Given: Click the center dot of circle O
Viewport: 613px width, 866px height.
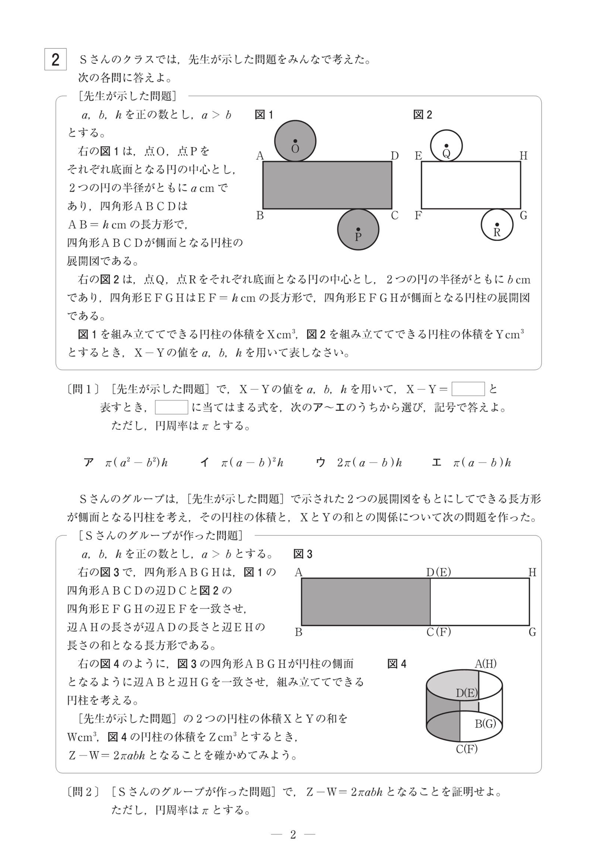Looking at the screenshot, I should pyautogui.click(x=295, y=141).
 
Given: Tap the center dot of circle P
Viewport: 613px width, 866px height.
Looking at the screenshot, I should pyautogui.click(x=358, y=229).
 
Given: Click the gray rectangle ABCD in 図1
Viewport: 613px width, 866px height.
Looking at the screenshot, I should pyautogui.click(x=327, y=185).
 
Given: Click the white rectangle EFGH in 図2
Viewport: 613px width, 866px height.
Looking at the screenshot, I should pyautogui.click(x=471, y=185).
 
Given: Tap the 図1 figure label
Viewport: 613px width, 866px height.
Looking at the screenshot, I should pyautogui.click(x=264, y=115).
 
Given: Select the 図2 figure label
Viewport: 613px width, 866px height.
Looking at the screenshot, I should pyautogui.click(x=423, y=115).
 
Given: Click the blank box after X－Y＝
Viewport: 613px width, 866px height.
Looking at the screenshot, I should pyautogui.click(x=468, y=389).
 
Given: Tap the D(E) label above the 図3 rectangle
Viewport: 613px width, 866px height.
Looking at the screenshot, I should pyautogui.click(x=439, y=572).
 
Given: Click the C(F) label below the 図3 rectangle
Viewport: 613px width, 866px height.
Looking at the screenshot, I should pyautogui.click(x=439, y=632).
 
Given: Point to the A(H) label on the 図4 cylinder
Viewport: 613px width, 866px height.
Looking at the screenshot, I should pyautogui.click(x=486, y=664).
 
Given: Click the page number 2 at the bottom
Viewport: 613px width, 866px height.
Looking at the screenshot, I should pyautogui.click(x=293, y=835).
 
